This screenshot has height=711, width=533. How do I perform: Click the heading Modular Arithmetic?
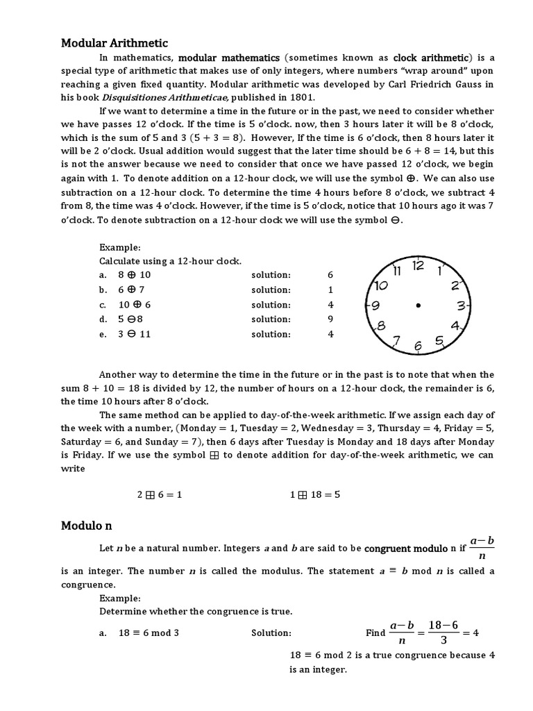click(115, 43)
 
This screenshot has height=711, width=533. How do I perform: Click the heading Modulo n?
click(87, 526)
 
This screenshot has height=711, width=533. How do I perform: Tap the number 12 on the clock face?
click(418, 265)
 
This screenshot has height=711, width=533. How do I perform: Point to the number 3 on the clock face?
click(460, 305)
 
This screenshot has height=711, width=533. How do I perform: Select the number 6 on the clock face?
click(418, 346)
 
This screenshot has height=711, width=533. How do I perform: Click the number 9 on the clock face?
click(375, 305)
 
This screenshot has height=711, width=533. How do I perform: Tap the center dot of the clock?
click(418, 306)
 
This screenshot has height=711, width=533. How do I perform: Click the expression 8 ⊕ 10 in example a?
click(134, 275)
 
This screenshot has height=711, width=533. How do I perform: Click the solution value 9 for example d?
click(330, 319)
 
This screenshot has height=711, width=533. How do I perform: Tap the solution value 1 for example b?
click(330, 290)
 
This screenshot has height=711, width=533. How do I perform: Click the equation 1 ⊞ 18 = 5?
click(314, 495)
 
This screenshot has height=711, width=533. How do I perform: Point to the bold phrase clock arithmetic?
click(432, 58)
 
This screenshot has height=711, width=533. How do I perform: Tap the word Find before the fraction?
click(375, 633)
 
